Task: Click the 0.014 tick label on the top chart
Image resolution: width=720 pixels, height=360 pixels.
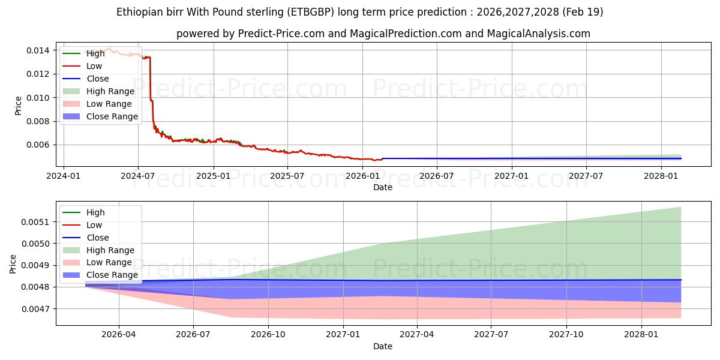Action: pos(38,50)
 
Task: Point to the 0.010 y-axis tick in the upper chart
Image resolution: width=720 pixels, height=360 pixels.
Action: pos(38,98)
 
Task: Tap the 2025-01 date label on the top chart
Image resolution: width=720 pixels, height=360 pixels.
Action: pos(214,176)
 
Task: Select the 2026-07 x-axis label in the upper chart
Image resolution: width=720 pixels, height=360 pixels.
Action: pos(437,176)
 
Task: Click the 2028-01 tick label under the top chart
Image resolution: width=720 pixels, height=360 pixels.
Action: pos(661,176)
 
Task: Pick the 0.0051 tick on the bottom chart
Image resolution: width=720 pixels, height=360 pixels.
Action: pos(35,222)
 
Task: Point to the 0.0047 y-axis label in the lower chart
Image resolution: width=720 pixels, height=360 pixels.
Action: pos(35,309)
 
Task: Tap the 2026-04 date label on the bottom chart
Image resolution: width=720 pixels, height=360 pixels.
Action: pos(119,335)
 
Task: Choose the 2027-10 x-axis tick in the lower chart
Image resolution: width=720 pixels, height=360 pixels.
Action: pos(566,335)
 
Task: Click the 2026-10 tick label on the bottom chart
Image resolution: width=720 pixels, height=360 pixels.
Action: pos(268,335)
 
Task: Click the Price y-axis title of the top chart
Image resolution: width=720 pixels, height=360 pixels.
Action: pos(18,106)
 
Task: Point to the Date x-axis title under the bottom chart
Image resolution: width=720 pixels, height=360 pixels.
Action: pos(383,347)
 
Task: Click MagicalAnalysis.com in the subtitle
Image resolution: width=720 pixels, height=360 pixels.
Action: pos(538,34)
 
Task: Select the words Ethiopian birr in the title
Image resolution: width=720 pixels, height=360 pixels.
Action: pos(150,12)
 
